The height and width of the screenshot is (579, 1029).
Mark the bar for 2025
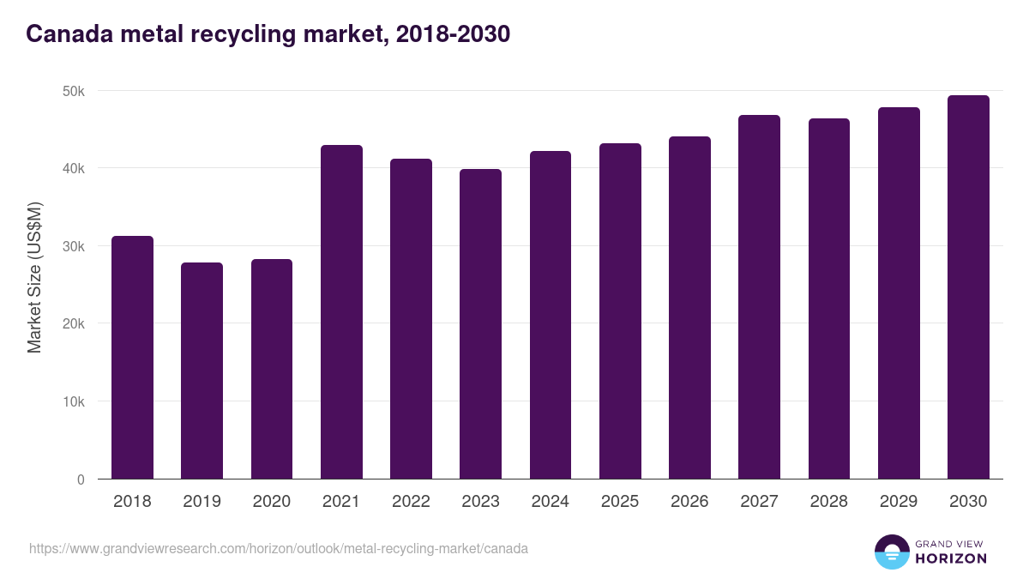tap(620, 311)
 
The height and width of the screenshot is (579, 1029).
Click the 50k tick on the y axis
tap(73, 91)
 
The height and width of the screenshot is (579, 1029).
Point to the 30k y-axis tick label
tap(73, 246)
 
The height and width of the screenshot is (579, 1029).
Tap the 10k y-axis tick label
tap(73, 401)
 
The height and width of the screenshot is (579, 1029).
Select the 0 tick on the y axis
tap(81, 479)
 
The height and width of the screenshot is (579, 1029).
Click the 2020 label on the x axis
tap(271, 502)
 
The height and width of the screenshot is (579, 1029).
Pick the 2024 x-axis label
tap(550, 502)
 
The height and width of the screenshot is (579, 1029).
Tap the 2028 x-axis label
tap(828, 502)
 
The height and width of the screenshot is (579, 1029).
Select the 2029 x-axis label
tap(899, 502)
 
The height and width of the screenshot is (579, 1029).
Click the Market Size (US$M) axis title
tap(34, 277)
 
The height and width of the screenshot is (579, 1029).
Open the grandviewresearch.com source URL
tap(279, 548)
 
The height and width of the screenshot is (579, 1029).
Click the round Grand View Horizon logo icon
tap(891, 552)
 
